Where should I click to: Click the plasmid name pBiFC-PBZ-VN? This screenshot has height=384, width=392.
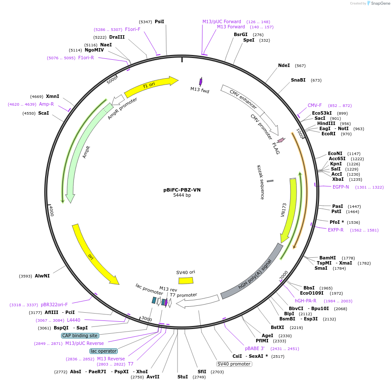pos(182,190)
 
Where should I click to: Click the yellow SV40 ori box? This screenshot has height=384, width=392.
pos(186,280)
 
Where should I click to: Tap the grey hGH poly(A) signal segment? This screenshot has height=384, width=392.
pos(251,272)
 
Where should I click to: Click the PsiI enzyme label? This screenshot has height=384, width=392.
pos(159,21)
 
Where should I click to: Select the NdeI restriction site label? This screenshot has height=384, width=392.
pos(284,65)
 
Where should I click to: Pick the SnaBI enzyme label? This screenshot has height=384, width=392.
pos(298,80)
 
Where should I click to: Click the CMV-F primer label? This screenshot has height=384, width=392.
pos(315,105)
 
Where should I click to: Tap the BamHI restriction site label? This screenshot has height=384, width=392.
pos(328,258)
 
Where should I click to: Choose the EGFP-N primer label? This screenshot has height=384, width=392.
pos(340,187)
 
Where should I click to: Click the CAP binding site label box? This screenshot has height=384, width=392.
pos(80,335)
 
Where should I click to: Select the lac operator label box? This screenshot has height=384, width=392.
pos(104,351)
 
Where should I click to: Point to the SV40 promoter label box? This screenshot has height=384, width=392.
pos(234,364)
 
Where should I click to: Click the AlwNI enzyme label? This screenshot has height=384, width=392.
pos(42,276)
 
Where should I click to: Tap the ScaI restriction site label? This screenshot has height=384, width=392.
pos(43,113)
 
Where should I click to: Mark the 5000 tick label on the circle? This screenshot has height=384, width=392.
pos(112,80)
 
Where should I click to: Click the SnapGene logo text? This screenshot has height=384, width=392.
pos(380,3)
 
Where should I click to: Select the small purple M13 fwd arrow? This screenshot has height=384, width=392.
pos(200,82)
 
